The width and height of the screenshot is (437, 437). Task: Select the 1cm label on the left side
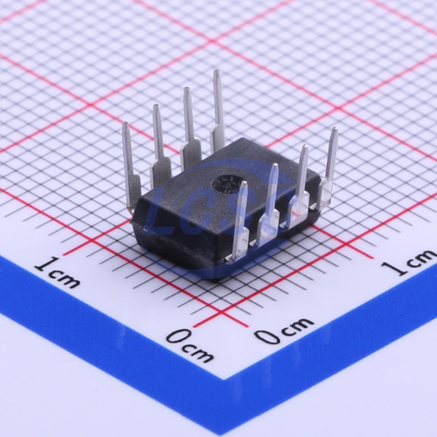pos(57,273)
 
